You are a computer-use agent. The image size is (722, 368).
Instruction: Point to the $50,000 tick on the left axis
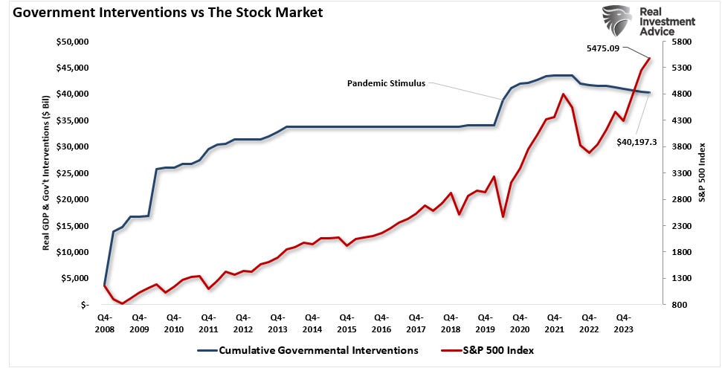tap(73, 42)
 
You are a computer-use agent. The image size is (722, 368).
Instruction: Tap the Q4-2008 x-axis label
tap(105, 322)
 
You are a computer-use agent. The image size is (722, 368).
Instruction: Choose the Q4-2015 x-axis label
tap(347, 322)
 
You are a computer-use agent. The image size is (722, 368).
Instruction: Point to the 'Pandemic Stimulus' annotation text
tap(386, 83)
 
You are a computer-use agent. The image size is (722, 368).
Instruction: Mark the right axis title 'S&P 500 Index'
tap(701, 172)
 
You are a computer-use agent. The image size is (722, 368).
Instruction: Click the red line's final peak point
tap(651, 58)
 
